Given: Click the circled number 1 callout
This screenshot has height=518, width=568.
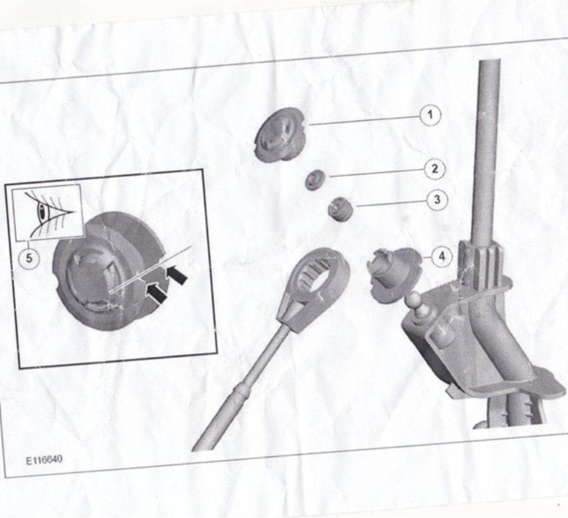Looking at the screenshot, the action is [430, 115].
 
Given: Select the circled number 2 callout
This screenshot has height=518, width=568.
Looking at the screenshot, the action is [435, 169].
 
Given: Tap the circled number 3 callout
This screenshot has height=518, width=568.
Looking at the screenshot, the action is [437, 200].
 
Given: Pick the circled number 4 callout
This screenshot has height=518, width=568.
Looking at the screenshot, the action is [442, 257].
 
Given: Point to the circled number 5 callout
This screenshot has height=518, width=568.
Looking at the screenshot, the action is [29, 258].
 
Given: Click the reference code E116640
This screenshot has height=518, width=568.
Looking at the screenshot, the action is [44, 460].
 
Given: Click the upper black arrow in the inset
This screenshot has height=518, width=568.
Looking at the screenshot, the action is [177, 274].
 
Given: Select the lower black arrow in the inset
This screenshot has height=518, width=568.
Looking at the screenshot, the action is [156, 293].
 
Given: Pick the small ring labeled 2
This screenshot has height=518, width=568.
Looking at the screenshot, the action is [315, 180].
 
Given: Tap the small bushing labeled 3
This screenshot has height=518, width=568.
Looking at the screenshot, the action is [340, 209].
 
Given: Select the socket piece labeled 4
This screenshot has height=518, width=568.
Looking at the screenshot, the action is [392, 273].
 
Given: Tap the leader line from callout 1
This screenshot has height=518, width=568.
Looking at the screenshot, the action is [364, 121].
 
